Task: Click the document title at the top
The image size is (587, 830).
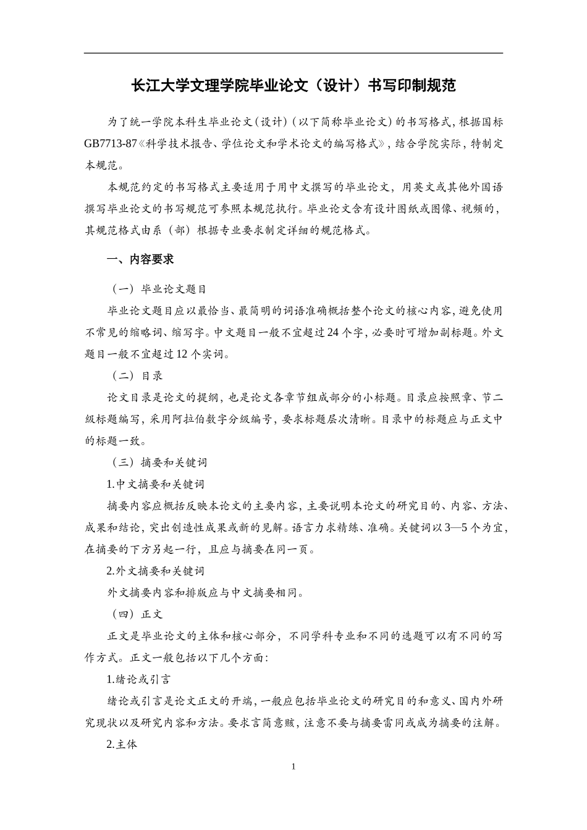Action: tap(293, 86)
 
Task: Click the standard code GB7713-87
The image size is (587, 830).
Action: tap(110, 144)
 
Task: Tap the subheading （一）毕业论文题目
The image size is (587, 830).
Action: tap(159, 289)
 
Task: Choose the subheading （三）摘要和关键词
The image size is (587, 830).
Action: tap(159, 463)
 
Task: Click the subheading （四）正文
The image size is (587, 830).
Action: tap(137, 614)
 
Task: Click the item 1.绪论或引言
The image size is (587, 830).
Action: tap(138, 679)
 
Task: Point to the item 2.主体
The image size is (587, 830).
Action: tap(122, 745)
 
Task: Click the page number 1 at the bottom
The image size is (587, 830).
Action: tap(293, 767)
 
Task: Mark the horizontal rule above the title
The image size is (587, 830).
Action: tap(293, 53)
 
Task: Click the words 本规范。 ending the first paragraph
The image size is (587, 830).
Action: tap(104, 166)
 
